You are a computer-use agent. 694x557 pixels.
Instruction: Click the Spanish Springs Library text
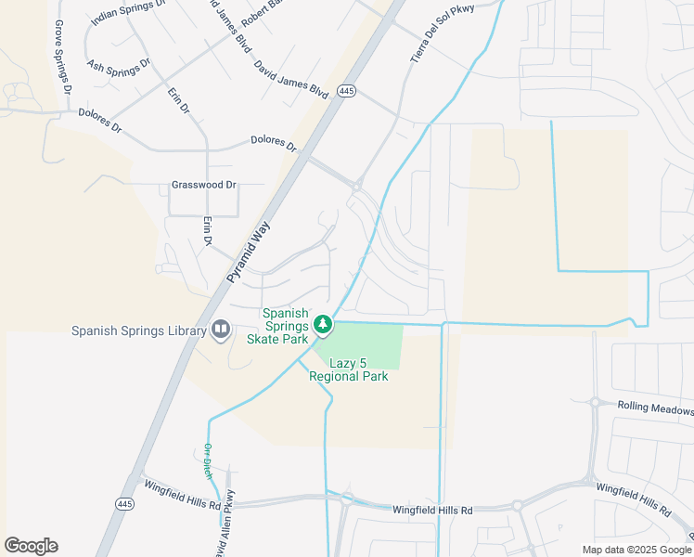pos(139,330)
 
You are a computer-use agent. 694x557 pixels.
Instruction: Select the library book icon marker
pos(221,330)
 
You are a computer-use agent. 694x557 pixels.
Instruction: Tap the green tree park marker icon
pos(323,325)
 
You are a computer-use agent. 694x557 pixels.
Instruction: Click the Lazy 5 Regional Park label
pos(348,369)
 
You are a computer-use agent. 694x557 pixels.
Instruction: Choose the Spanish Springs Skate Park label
pos(277,326)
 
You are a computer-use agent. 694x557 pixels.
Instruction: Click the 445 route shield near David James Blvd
pos(346,91)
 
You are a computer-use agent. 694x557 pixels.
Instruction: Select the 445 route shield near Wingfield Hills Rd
pos(126,503)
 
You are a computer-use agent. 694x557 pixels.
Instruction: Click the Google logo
pos(31,546)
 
